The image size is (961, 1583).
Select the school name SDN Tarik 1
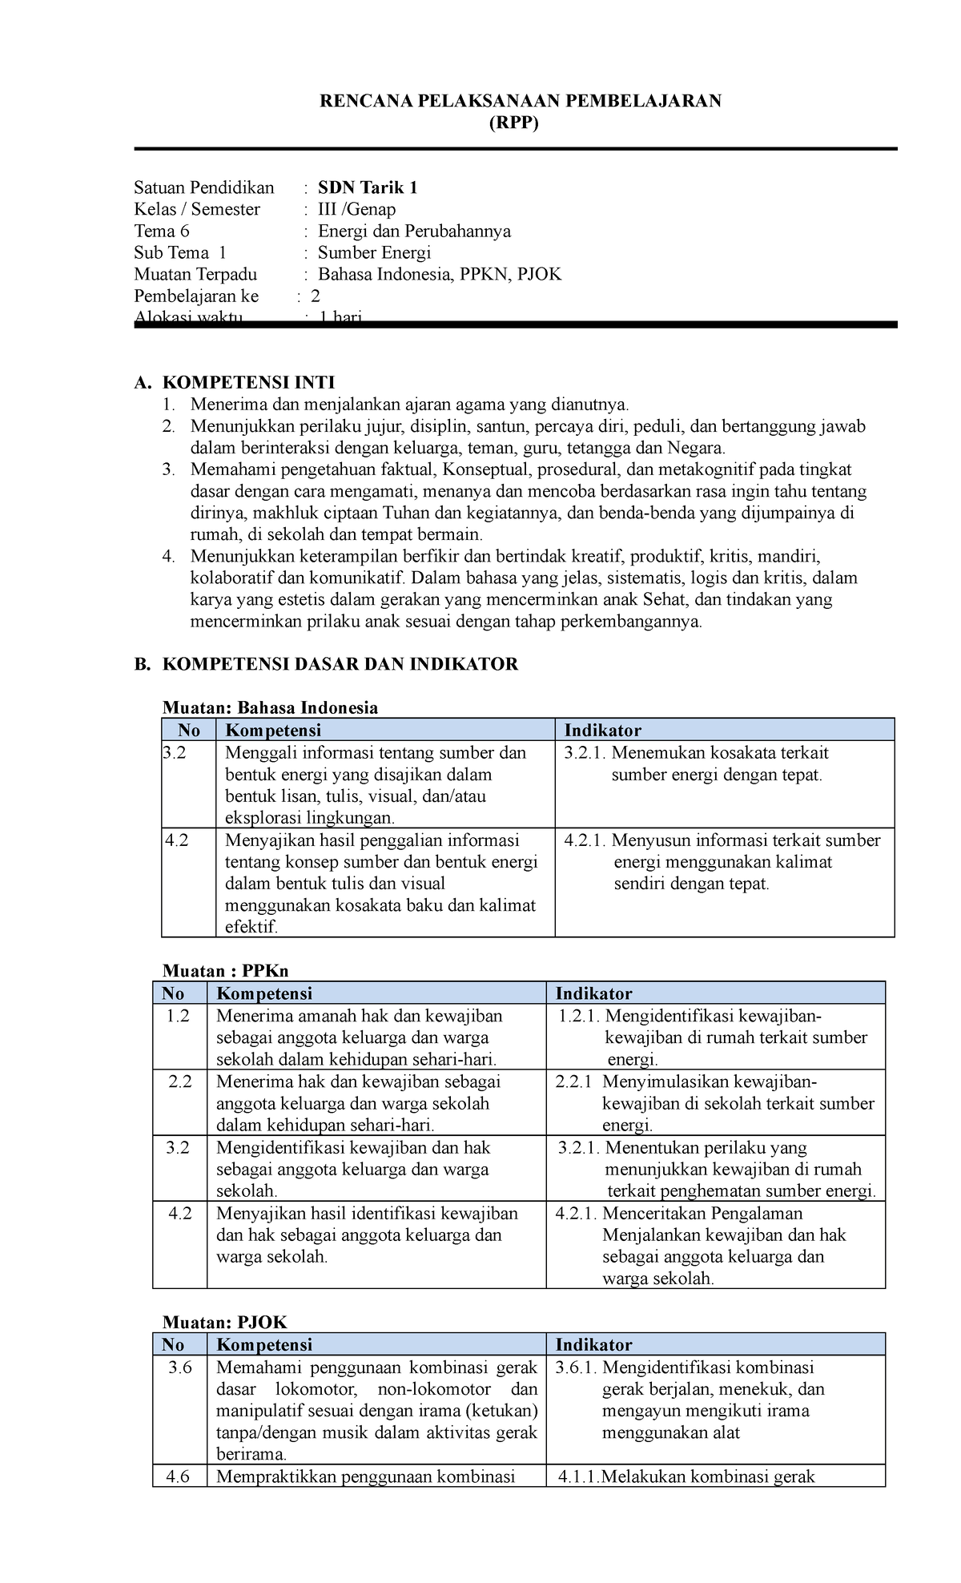368,187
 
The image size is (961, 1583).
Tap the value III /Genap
356,209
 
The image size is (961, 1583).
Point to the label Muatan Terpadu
195,274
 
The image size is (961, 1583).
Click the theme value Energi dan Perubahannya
414,231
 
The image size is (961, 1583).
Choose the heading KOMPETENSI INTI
248,382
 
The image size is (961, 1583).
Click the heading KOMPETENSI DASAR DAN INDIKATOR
340,663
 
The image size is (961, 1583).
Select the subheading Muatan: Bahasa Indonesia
270,707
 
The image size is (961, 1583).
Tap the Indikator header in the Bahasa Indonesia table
602,730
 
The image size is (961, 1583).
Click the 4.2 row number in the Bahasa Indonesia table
177,840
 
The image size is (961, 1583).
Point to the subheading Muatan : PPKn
225,971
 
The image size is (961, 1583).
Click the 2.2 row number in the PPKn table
180,1082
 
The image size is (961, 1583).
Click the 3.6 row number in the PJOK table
180,1367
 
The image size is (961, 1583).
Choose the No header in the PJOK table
173,1344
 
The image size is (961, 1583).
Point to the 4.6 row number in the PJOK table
178,1476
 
